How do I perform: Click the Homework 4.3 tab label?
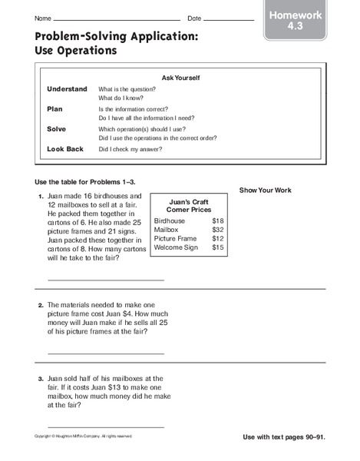[x=295, y=21]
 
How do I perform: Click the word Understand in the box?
[x=68, y=89]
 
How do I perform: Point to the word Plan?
[x=54, y=109]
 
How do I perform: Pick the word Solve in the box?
[x=58, y=129]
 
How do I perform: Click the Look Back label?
[x=64, y=149]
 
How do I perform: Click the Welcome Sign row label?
[x=176, y=247]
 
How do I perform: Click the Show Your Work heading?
[x=265, y=190]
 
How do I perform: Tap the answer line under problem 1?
[x=105, y=280]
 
